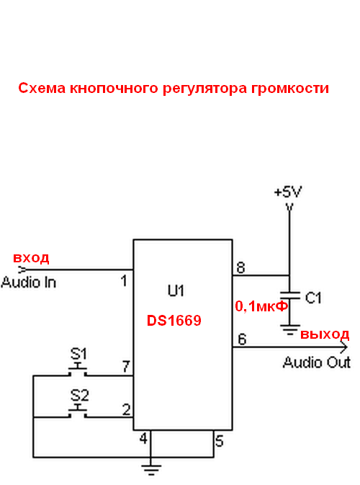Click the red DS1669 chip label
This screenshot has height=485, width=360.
tap(174, 321)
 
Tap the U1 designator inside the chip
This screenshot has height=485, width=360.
tap(176, 290)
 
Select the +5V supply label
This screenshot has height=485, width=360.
tap(288, 192)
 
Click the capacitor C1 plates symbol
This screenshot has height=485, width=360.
tap(289, 295)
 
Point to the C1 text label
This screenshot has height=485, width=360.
tap(313, 298)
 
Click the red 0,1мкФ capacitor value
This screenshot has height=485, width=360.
tap(261, 306)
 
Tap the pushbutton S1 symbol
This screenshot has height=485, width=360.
tap(78, 370)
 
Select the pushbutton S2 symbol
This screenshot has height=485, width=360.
tap(78, 411)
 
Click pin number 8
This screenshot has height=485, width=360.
tap(240, 267)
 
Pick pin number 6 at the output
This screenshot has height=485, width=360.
tap(242, 339)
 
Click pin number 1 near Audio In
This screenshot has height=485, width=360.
tap(124, 281)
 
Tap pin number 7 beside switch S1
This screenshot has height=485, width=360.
tap(126, 367)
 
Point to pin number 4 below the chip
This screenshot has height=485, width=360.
tap(143, 438)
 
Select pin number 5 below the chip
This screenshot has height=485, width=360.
tap(220, 441)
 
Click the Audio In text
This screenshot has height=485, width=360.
tap(28, 282)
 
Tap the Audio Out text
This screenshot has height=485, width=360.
tap(317, 362)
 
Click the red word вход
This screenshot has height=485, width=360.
tap(31, 258)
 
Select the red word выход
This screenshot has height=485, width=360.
tap(325, 334)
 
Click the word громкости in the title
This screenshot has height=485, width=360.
tap(290, 89)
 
